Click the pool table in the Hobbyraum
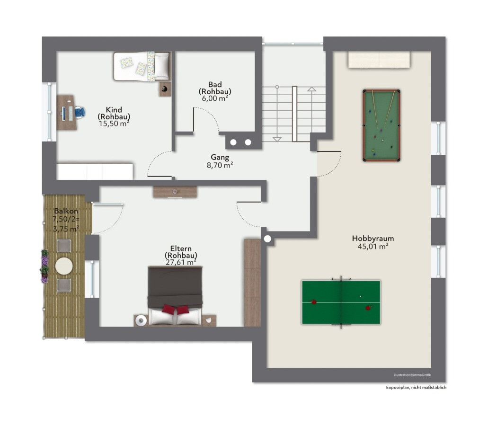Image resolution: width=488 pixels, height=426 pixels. (381, 125)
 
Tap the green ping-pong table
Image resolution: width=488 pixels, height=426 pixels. (341, 302)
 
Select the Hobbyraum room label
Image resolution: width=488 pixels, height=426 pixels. (373, 239)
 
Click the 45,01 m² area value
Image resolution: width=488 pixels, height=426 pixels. (373, 247)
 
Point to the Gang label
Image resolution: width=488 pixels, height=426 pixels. (220, 158)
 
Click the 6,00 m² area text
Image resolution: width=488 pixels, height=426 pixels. (215, 98)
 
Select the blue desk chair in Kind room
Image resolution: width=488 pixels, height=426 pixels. (80, 112)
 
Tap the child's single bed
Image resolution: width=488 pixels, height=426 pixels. (142, 67)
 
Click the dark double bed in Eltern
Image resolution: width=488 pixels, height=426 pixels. (175, 296)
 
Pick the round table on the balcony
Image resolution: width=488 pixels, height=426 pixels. (64, 266)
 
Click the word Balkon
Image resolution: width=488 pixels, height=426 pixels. (66, 211)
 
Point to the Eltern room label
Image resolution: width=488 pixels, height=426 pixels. (181, 248)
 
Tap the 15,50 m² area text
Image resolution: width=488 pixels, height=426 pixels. (114, 124)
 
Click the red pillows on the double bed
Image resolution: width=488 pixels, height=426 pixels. (176, 310)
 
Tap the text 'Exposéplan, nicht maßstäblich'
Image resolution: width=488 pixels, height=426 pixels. (416, 387)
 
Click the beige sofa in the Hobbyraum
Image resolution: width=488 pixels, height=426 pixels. (379, 60)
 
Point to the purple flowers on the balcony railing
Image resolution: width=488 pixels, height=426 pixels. (44, 266)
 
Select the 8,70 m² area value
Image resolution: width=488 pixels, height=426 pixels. (220, 165)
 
